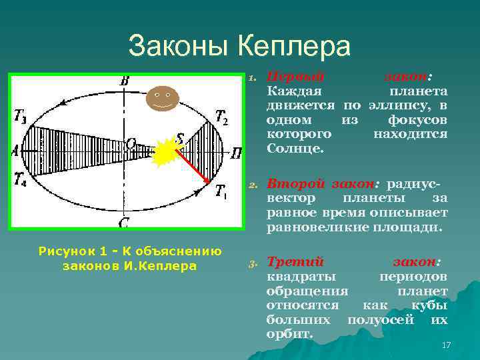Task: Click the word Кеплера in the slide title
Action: [294, 47]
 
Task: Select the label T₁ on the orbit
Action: [221, 192]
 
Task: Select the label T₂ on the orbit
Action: [222, 119]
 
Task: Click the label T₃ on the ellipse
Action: [21, 116]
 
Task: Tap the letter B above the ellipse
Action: [125, 81]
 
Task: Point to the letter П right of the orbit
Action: [235, 153]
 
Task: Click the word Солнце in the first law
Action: [294, 149]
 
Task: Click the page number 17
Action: [446, 345]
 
